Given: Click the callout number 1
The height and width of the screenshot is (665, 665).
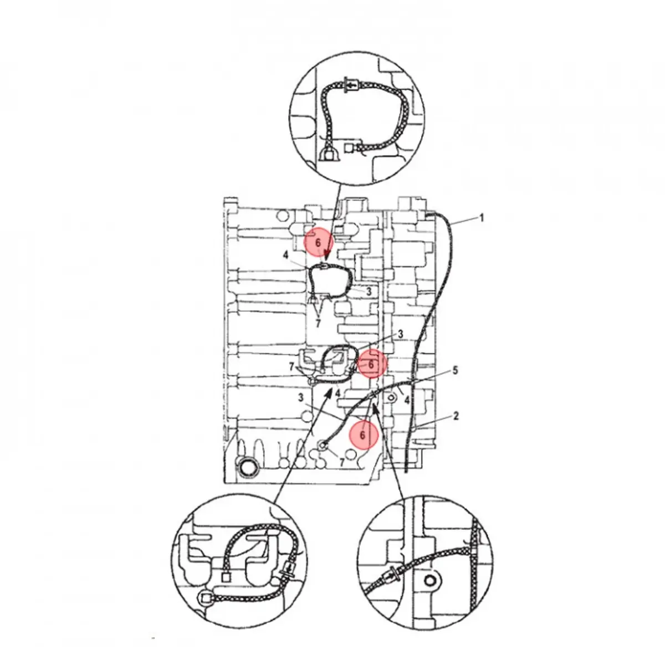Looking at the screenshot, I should tap(482, 218).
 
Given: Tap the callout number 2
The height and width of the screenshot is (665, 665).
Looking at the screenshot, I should tap(456, 416).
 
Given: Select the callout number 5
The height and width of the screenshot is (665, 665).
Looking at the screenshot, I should tap(455, 370).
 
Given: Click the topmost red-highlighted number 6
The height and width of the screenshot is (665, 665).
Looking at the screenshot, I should tap(318, 243).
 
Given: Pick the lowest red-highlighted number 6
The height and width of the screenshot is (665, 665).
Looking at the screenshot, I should tap(362, 436).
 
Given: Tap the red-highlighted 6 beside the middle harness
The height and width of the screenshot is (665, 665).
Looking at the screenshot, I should tap(371, 364).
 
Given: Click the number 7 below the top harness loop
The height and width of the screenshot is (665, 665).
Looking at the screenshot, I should tap(318, 323).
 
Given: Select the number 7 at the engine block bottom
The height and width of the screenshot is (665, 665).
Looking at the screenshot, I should tap(342, 462).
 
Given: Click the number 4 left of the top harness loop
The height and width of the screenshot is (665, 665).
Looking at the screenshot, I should tap(285, 255).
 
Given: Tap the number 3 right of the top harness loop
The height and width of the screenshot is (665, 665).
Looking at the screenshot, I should tap(369, 291).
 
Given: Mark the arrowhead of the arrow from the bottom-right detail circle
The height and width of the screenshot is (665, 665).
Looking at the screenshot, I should tap(375, 407).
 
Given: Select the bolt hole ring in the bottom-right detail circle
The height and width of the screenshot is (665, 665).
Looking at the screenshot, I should tap(428, 581).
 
